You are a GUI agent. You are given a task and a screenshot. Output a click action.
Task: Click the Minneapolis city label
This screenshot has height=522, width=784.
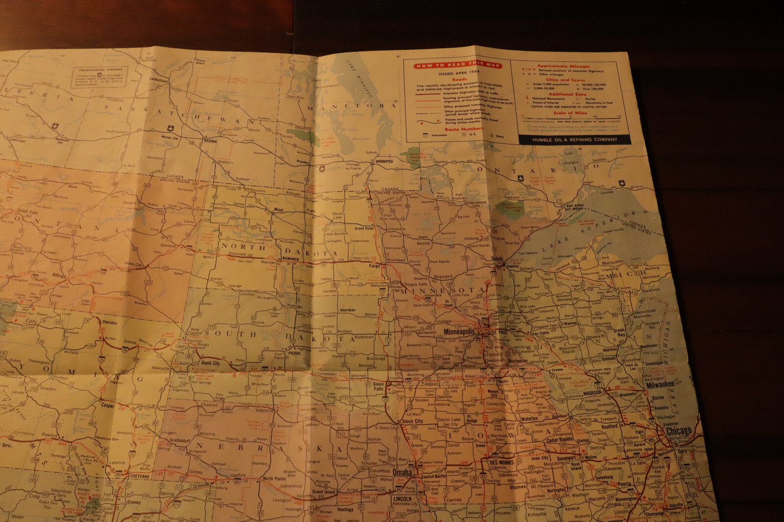459,332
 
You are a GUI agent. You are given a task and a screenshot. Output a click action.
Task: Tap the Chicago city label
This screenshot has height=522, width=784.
679,431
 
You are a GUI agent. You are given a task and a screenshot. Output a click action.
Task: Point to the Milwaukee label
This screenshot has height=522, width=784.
660,385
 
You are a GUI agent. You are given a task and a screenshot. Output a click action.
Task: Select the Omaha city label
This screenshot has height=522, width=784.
402,473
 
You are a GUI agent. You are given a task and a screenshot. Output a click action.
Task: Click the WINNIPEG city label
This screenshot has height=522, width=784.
384,161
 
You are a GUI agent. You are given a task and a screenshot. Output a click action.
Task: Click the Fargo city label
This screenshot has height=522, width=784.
374,266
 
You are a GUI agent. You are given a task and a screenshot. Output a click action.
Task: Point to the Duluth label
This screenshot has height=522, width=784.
497,259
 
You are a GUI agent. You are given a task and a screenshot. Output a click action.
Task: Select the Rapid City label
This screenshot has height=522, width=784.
210,363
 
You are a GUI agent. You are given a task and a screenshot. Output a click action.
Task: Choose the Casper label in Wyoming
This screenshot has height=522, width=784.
107,405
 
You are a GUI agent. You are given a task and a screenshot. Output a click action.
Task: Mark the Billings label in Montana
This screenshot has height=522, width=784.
59,276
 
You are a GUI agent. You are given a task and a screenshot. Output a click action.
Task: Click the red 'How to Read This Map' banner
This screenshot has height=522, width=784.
457,65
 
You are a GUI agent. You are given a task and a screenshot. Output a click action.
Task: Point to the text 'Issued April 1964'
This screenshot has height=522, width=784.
459,73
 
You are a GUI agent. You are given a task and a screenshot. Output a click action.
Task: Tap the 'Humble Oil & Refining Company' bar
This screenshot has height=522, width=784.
574,140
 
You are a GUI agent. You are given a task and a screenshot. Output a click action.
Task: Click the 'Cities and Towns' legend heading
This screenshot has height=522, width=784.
565,79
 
